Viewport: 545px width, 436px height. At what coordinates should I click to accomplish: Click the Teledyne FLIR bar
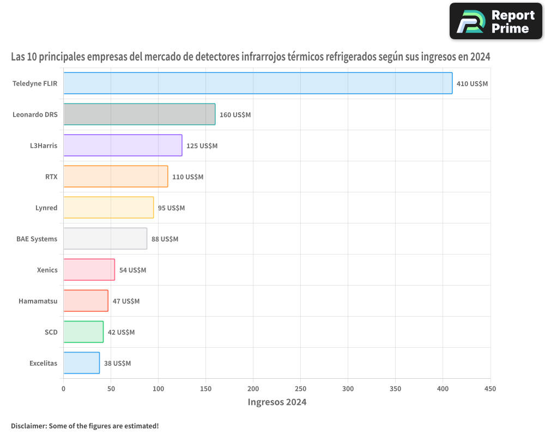(258, 83)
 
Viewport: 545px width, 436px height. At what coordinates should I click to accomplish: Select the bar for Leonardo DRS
(140, 114)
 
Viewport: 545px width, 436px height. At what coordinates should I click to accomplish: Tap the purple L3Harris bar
(123, 146)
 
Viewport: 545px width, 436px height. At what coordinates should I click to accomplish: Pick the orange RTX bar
(116, 177)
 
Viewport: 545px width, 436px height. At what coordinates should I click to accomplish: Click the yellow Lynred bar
(108, 208)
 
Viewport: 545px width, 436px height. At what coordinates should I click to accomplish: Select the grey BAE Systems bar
(105, 239)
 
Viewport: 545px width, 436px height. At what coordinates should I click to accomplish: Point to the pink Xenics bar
(89, 270)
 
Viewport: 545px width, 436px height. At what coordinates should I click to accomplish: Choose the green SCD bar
(83, 332)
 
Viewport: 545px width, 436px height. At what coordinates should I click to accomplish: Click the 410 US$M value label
(472, 83)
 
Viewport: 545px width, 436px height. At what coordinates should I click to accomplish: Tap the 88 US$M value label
(165, 239)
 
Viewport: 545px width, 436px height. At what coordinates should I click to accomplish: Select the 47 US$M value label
(126, 301)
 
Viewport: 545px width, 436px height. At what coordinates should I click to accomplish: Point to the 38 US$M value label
(117, 363)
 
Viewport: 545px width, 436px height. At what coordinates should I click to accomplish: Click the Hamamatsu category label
(38, 301)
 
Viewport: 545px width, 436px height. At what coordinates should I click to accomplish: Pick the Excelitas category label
(43, 363)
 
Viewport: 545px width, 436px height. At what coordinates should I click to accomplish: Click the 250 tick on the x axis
(301, 389)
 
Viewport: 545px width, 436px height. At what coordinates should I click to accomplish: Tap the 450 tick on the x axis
(491, 389)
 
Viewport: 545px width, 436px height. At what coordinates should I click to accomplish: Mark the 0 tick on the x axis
(63, 389)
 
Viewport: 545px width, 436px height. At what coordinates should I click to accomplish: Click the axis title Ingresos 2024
(277, 402)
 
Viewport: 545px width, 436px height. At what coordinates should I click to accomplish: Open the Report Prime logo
(495, 21)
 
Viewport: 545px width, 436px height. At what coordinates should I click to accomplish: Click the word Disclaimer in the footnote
(28, 426)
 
